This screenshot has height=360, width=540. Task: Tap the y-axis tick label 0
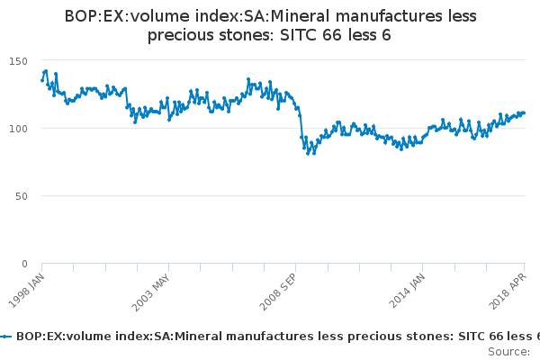click(x=25, y=264)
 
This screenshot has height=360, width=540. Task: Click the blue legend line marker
click(x=6, y=336)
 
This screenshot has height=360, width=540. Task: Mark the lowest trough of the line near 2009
click(x=308, y=153)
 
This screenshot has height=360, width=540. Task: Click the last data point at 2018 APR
click(x=525, y=112)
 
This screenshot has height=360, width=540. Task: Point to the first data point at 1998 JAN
click(x=41, y=80)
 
